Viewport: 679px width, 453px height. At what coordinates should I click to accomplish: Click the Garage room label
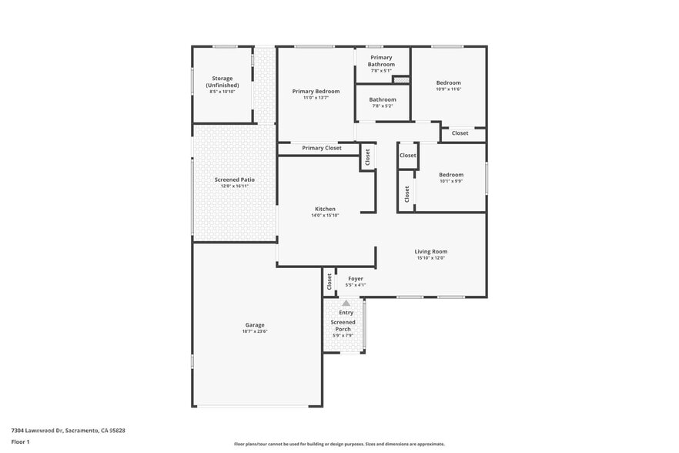click(x=255, y=325)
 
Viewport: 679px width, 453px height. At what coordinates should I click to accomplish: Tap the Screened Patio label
click(x=234, y=180)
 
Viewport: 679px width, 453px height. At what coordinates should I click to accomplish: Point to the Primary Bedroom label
click(x=316, y=92)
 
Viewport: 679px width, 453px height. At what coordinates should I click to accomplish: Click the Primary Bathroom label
click(x=382, y=61)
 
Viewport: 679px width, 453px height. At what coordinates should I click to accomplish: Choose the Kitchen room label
click(x=325, y=209)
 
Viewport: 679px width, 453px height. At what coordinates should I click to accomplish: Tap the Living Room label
click(x=431, y=251)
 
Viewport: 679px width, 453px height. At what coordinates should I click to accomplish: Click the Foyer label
click(x=356, y=278)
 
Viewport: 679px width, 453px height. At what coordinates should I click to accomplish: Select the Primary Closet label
click(x=322, y=148)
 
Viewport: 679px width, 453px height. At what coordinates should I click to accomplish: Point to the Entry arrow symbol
click(x=346, y=304)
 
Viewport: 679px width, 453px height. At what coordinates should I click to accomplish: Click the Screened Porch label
click(x=343, y=326)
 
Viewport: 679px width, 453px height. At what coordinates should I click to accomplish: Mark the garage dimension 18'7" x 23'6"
click(x=255, y=331)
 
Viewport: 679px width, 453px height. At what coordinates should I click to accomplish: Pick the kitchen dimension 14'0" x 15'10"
click(x=325, y=216)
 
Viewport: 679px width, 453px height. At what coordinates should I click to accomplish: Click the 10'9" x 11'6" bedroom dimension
click(x=448, y=89)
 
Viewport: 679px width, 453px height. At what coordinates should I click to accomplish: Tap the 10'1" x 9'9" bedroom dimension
click(x=451, y=182)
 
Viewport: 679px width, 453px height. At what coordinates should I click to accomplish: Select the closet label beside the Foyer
click(x=329, y=281)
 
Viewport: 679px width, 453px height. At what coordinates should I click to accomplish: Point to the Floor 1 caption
click(x=20, y=441)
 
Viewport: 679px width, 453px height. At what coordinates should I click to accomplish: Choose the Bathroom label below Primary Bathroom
click(x=383, y=99)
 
